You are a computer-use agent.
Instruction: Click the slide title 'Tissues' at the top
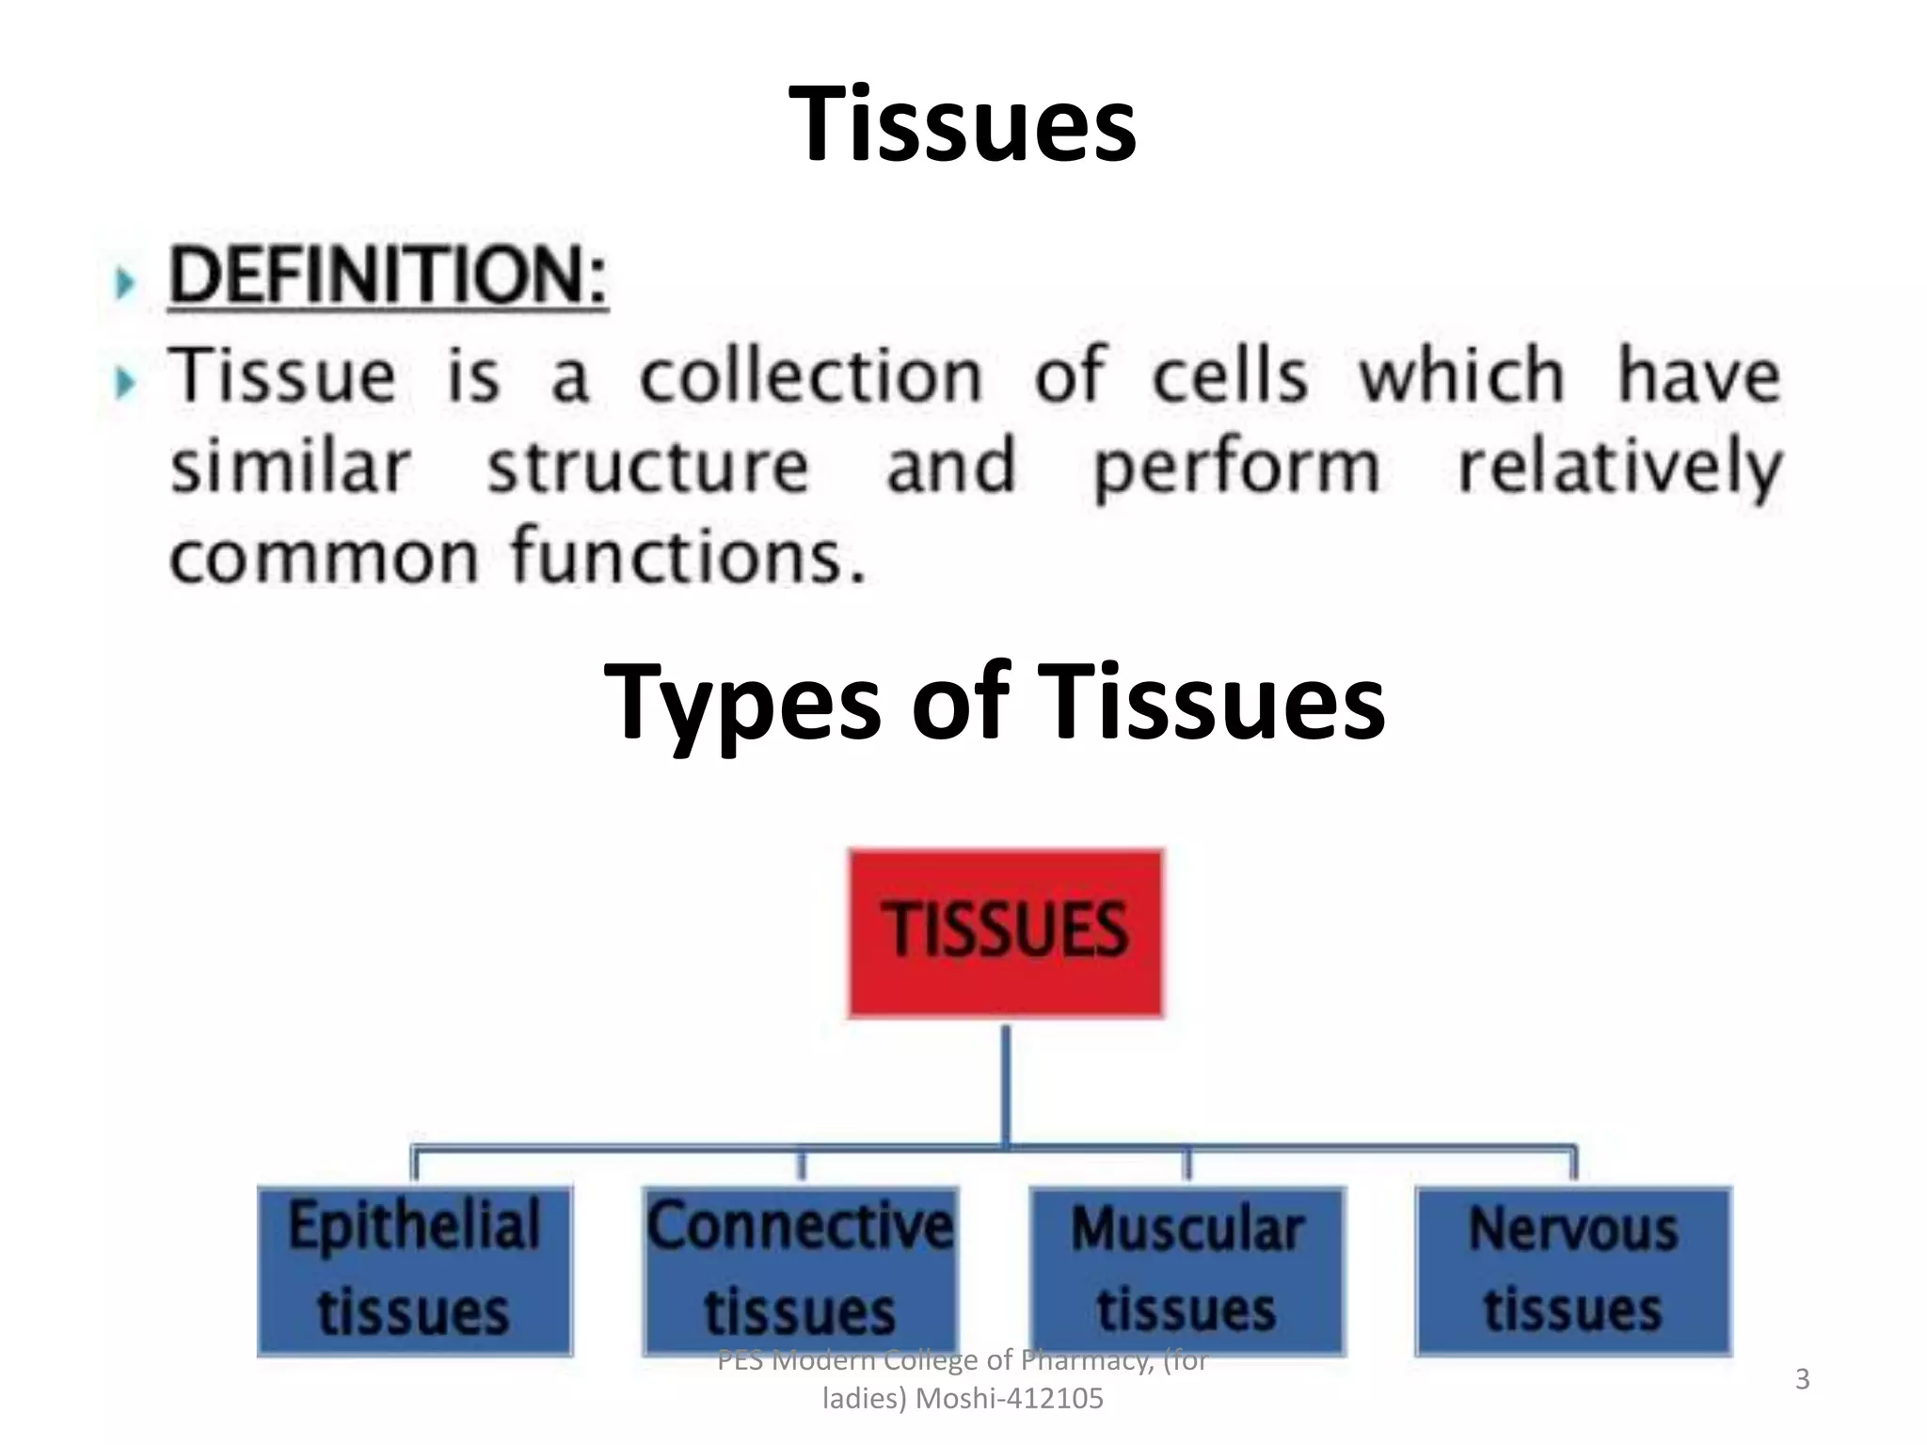963,123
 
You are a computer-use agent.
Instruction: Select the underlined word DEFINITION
388,276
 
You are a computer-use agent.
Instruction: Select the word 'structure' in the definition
648,467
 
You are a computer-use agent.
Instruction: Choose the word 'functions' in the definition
687,555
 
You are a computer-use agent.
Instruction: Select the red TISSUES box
1005,932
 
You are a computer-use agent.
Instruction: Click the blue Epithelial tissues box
415,1270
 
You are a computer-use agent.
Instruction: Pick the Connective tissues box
801,1270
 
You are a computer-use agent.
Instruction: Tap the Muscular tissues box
1187,1270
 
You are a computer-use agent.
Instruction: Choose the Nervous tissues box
1573,1270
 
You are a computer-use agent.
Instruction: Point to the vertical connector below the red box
1006,1082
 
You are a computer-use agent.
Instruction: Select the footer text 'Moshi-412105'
1009,1400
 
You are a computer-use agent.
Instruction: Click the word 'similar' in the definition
290,467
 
